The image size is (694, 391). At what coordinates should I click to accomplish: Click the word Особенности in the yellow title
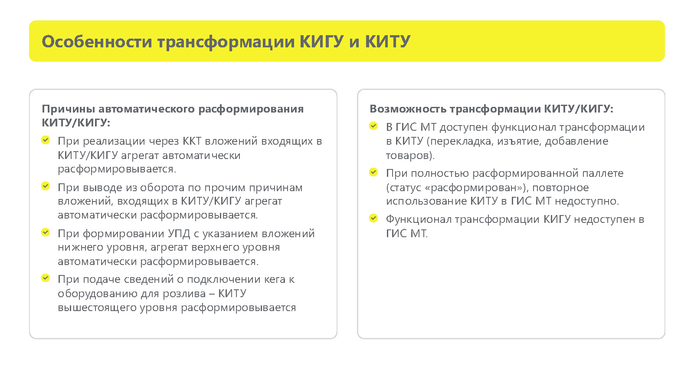tap(97, 42)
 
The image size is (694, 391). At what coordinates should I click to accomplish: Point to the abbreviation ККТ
tap(192, 141)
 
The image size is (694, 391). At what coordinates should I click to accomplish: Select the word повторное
tap(560, 188)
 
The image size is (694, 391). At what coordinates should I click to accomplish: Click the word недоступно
tap(587, 202)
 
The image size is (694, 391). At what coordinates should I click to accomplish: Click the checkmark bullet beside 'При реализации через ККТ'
tap(46, 140)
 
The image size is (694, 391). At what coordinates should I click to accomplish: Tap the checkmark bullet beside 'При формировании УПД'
tap(46, 232)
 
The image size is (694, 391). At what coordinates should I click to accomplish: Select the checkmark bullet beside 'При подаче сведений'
tap(46, 278)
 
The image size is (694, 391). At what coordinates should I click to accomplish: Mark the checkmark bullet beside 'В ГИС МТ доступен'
tap(373, 126)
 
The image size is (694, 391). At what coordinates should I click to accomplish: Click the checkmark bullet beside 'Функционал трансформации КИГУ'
tap(373, 218)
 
